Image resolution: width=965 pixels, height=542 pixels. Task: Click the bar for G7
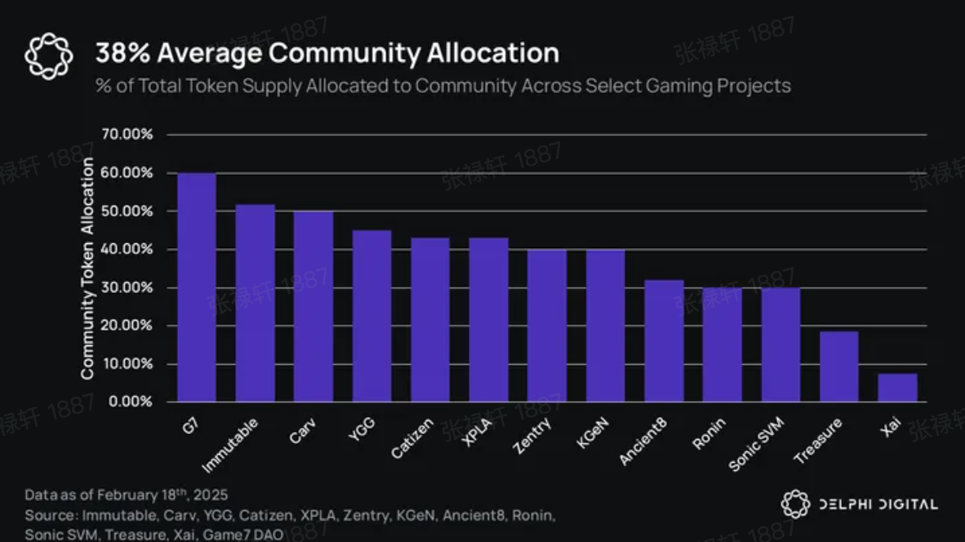[x=197, y=287]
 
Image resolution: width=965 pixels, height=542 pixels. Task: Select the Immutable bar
[x=255, y=304]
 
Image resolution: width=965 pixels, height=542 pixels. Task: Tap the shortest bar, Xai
[x=897, y=388]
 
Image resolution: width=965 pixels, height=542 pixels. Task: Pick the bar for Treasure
[x=838, y=367]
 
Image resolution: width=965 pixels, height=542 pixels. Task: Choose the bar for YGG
[x=371, y=316]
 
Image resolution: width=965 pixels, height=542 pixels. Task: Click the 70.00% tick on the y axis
[x=127, y=135]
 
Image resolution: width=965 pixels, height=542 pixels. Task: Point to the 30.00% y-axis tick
[x=127, y=287]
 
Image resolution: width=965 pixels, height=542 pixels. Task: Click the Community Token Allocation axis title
[x=87, y=268]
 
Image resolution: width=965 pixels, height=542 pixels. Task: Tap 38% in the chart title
[x=122, y=53]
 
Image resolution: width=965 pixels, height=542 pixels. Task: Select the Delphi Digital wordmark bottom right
[x=878, y=504]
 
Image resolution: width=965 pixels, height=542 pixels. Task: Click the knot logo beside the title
[x=49, y=56]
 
